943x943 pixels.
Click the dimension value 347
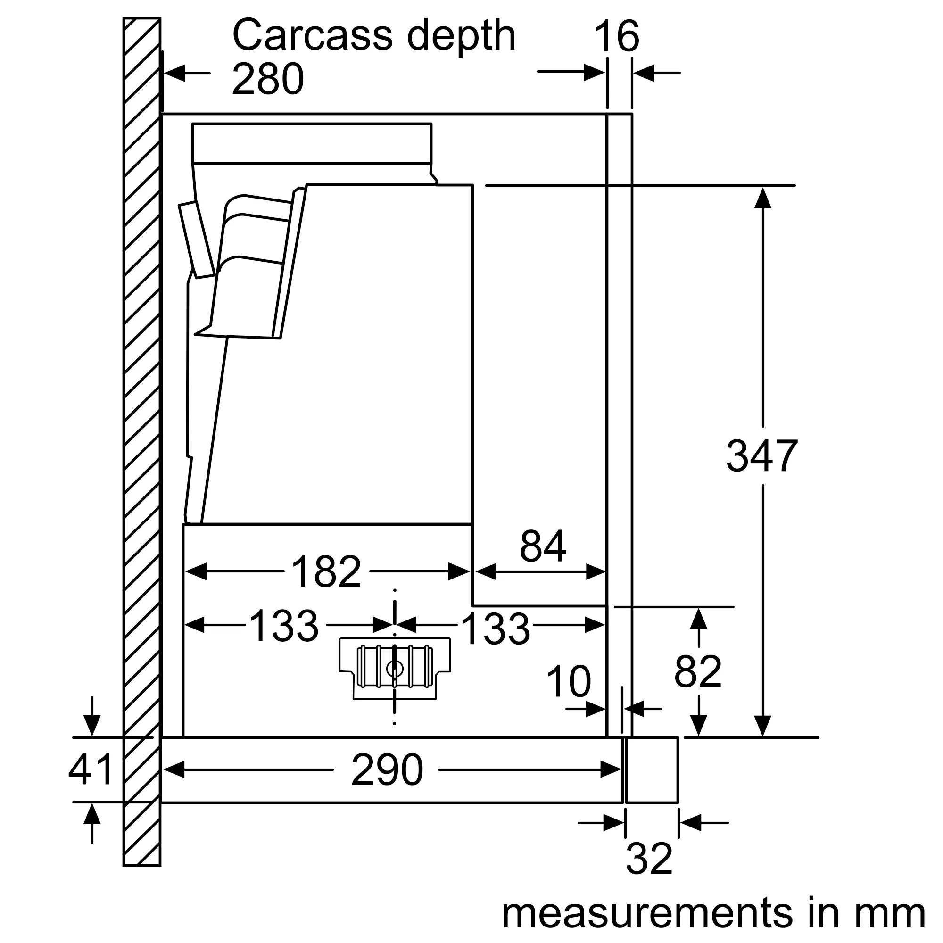tap(761, 456)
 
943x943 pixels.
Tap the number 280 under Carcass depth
tap(267, 79)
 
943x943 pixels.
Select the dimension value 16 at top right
tap(616, 37)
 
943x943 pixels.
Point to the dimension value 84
tap(542, 546)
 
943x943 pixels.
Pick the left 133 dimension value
tap(283, 626)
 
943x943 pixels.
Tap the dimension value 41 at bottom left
tap(91, 769)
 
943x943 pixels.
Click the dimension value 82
tap(697, 671)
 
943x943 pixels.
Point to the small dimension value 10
tap(568, 681)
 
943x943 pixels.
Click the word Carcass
tap(313, 36)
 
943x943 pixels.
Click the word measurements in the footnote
tap(647, 913)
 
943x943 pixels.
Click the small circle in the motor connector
tap(394, 669)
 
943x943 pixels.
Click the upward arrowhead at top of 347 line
tap(762, 198)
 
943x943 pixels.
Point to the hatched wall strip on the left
tap(141, 439)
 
